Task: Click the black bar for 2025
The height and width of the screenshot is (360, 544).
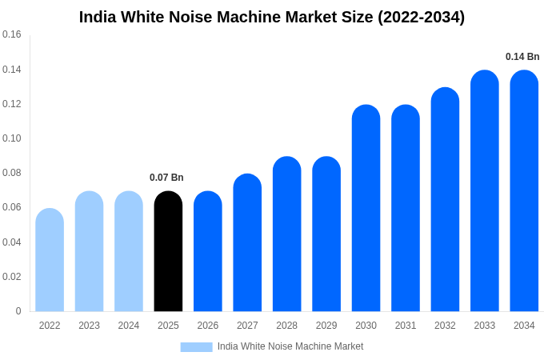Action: click(168, 251)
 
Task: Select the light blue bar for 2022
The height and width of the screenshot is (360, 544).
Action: click(50, 260)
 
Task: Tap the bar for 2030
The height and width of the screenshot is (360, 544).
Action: click(366, 208)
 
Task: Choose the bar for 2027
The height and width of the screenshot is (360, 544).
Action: click(247, 242)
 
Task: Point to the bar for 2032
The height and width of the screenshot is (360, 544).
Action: click(445, 199)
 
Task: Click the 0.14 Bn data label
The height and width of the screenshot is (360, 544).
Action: click(522, 57)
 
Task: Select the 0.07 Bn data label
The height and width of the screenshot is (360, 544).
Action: click(166, 178)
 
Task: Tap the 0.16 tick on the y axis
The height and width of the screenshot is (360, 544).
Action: click(12, 34)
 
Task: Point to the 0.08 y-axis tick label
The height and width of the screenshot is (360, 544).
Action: click(12, 173)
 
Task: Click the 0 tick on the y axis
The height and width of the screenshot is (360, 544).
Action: click(18, 311)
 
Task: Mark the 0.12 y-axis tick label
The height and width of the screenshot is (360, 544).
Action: click(12, 104)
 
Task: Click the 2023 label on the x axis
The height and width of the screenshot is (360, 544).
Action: click(89, 326)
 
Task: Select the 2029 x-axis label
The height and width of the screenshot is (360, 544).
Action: click(326, 326)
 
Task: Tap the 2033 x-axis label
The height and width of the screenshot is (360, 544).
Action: click(484, 326)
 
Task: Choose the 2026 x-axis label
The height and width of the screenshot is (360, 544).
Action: click(208, 326)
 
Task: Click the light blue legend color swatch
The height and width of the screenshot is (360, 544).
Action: click(196, 347)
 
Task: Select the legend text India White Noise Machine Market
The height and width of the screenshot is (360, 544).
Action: click(290, 346)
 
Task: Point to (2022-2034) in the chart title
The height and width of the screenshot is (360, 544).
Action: click(421, 17)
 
